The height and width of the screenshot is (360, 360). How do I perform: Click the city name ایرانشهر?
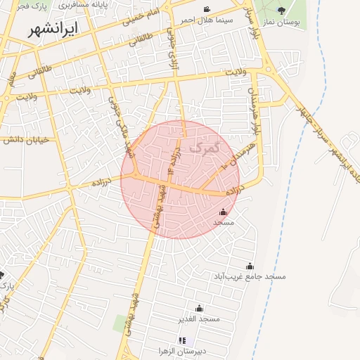click(x=55, y=30)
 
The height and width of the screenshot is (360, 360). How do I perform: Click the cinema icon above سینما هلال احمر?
click(x=206, y=10)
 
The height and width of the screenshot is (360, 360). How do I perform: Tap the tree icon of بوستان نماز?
click(x=282, y=11)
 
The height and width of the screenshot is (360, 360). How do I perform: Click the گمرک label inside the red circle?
click(x=205, y=148)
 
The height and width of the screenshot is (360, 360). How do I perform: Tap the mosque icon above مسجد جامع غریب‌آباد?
click(x=250, y=266)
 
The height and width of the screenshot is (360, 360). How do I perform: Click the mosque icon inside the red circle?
click(x=224, y=212)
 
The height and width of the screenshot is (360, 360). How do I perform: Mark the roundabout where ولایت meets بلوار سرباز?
click(x=270, y=69)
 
